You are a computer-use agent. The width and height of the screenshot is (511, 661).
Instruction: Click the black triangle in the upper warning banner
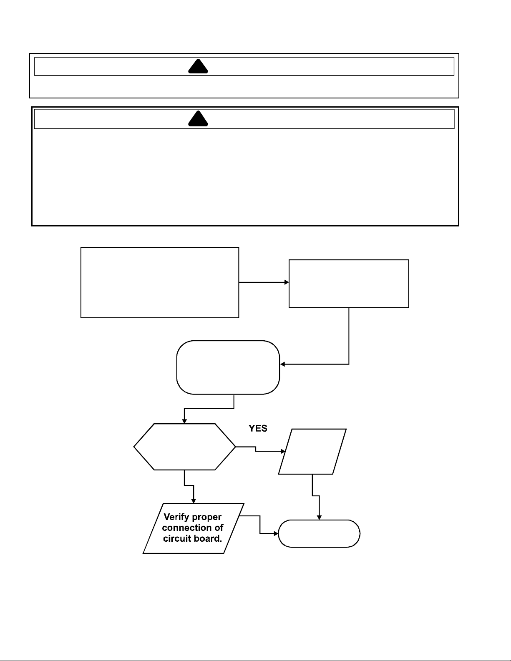[198, 66]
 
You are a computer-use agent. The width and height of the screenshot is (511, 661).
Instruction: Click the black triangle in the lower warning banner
[198, 118]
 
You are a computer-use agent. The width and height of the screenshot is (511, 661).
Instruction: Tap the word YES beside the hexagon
[258, 428]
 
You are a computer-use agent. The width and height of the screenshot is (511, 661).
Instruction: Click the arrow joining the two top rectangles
[264, 282]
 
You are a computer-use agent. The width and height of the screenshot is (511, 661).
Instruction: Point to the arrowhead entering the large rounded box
[282, 364]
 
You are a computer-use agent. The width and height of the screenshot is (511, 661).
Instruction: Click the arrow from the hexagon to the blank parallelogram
[256, 449]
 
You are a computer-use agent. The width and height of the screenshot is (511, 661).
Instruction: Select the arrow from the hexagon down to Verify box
[189, 485]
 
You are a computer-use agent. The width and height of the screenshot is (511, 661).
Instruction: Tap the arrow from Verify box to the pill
[260, 525]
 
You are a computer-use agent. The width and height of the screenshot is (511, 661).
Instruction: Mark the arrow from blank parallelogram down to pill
[316, 496]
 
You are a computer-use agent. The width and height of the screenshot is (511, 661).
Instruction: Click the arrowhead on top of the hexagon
[184, 421]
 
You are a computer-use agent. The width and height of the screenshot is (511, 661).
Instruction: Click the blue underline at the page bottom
[83, 657]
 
